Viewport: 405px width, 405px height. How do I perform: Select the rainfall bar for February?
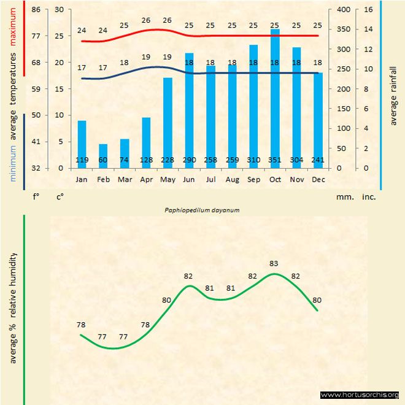103,156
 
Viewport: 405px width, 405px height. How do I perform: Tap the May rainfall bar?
168,123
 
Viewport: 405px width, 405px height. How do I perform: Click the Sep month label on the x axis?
253,180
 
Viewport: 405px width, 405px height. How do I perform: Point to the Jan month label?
82,180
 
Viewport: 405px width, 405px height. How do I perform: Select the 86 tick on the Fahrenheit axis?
36,10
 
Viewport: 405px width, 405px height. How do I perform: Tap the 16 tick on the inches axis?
368,10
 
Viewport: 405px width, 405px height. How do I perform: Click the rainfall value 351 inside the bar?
275,160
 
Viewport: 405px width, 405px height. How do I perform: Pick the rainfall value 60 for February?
103,160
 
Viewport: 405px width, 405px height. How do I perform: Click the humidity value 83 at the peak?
274,263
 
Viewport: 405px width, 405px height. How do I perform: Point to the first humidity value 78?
81,324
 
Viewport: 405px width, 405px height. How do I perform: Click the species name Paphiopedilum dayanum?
201,209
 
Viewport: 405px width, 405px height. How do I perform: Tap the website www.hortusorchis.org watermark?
360,395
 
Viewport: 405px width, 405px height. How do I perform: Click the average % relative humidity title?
13,307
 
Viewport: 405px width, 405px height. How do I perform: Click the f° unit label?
36,197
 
